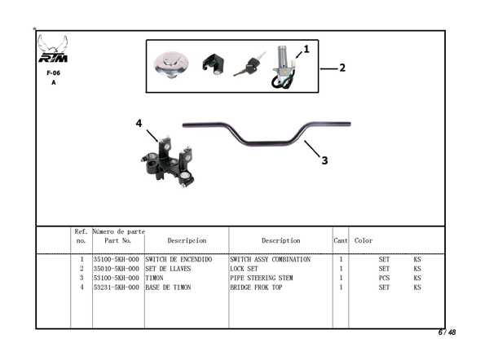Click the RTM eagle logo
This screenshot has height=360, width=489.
(x=54, y=50)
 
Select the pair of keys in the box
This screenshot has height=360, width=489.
(x=248, y=65)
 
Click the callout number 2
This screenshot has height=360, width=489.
(x=342, y=68)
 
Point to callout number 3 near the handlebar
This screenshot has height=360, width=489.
(x=324, y=160)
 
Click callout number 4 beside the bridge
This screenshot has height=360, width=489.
(x=139, y=123)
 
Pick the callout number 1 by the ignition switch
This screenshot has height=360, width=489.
(x=306, y=49)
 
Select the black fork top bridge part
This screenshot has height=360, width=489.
(x=170, y=161)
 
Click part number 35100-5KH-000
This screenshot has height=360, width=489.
(x=117, y=260)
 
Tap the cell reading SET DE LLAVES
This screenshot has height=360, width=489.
(x=167, y=269)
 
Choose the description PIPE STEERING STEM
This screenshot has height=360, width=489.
(x=262, y=278)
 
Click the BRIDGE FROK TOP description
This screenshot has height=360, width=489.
(x=258, y=287)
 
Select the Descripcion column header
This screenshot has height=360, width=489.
(x=186, y=241)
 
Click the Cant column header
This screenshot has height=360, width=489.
(x=341, y=241)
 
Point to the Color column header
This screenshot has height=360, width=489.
(x=363, y=241)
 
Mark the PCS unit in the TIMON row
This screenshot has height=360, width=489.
(x=384, y=278)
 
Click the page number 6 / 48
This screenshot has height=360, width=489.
(x=447, y=332)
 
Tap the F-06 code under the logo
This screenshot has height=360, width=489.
(x=54, y=72)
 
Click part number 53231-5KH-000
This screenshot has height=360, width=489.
(x=117, y=287)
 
